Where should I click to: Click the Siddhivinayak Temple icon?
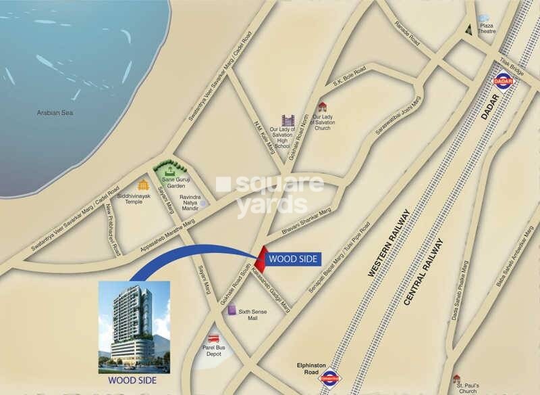pos(142,185)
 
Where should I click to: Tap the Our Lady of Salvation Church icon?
pos(323,107)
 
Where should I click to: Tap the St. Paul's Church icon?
pos(457,378)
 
